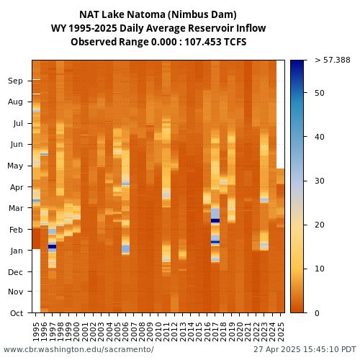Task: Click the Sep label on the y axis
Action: [15, 81]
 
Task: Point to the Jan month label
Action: [17, 251]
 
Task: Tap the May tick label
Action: [15, 166]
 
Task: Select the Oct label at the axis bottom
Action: [17, 313]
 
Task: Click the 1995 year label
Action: [36, 332]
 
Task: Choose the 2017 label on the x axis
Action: [215, 332]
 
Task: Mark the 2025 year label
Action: [280, 332]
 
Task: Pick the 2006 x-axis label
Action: [125, 332]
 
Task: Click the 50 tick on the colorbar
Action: [320, 93]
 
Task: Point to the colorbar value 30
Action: [320, 181]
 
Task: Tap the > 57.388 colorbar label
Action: [333, 60]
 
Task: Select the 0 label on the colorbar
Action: [317, 313]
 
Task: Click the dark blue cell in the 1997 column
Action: [52, 246]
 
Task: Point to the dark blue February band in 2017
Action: [215, 220]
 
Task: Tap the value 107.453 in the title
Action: [203, 42]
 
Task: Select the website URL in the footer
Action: [78, 349]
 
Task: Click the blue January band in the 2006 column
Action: [125, 249]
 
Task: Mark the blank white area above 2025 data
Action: [280, 114]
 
